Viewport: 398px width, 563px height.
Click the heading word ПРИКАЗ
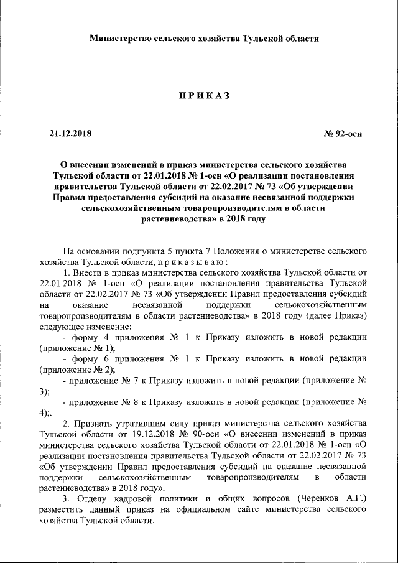pos(205,95)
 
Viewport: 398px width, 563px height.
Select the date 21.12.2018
pos(70,133)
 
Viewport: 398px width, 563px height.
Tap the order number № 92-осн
pos(343,133)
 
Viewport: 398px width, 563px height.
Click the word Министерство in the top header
pos(121,39)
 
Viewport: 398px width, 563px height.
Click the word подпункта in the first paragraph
pos(141,251)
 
